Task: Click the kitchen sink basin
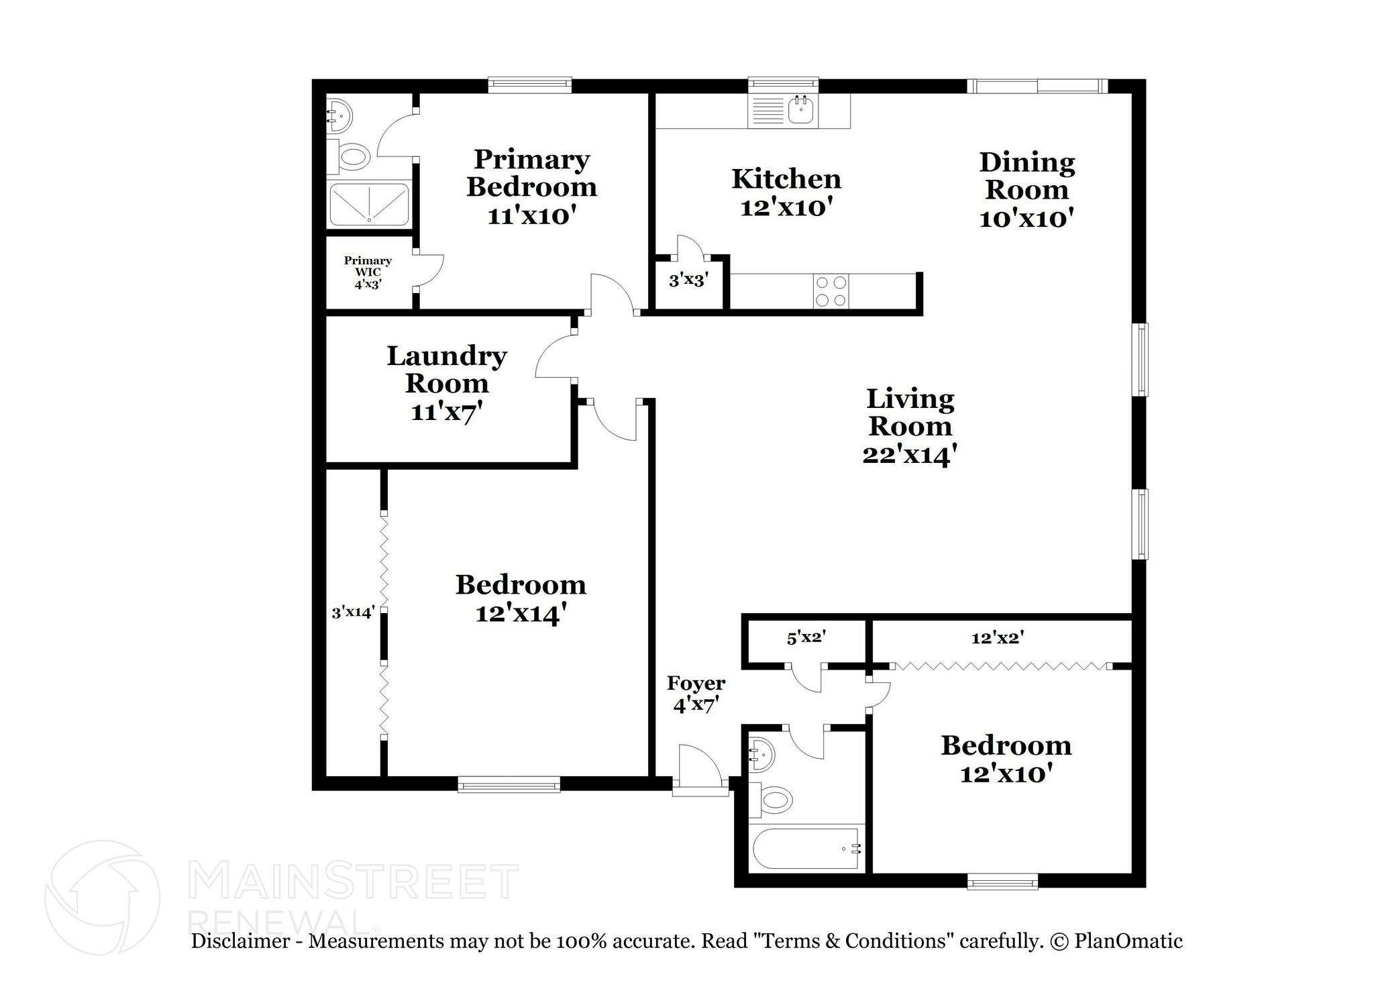pos(800,111)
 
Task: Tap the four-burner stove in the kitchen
pos(831,291)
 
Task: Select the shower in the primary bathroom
pos(368,203)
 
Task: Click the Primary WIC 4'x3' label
pos(368,272)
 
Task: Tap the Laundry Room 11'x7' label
pos(446,383)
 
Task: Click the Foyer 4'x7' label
pos(696,694)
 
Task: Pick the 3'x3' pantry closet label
pos(688,280)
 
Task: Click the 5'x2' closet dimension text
pos(805,638)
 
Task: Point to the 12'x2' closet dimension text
pos(997,638)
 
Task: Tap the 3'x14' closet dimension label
pos(353,612)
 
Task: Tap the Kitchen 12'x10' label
pos(786,193)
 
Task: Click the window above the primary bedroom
pos(529,85)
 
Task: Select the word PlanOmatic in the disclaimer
pos(1128,941)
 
